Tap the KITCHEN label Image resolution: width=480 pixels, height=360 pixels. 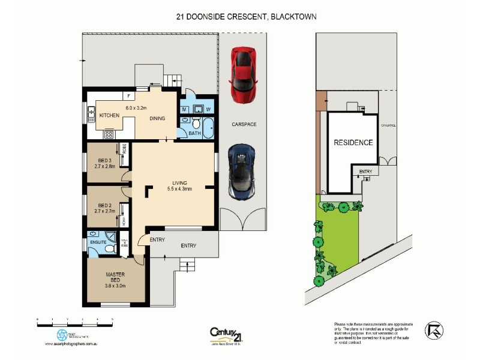pos(110,115)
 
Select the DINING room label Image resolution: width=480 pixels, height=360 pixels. pos(157,118)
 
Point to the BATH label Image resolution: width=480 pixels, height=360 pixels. pos(194,133)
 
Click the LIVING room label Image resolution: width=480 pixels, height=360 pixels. pos(179,182)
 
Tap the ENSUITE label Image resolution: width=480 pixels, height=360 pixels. pos(99,243)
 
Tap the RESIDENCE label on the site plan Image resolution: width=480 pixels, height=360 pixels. pos(353,143)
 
